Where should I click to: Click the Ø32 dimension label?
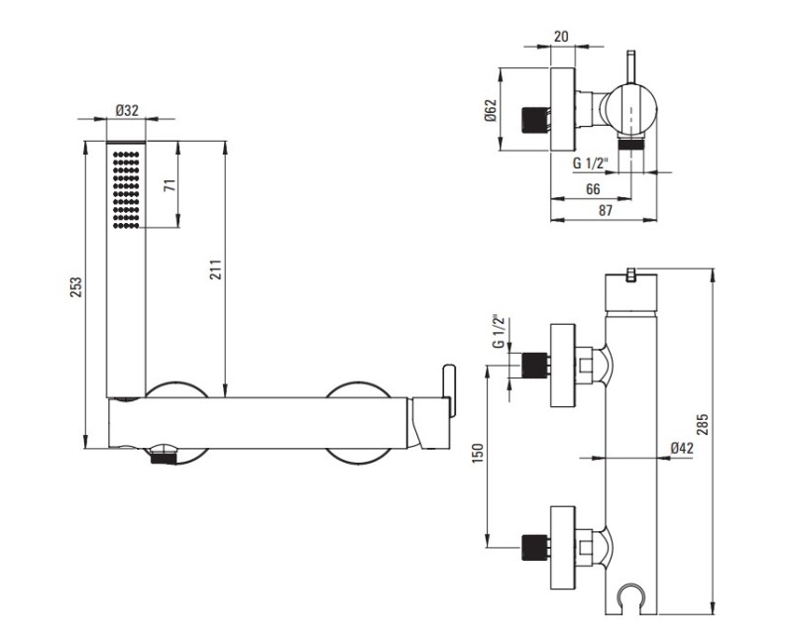(127, 110)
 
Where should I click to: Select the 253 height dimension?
(75, 287)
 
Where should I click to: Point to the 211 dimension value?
(215, 269)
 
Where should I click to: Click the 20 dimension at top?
(561, 37)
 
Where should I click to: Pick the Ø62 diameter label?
(491, 111)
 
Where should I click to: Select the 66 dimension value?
(593, 189)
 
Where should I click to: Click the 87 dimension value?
(606, 210)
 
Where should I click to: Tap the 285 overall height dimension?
(702, 424)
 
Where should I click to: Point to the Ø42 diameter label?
(682, 449)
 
